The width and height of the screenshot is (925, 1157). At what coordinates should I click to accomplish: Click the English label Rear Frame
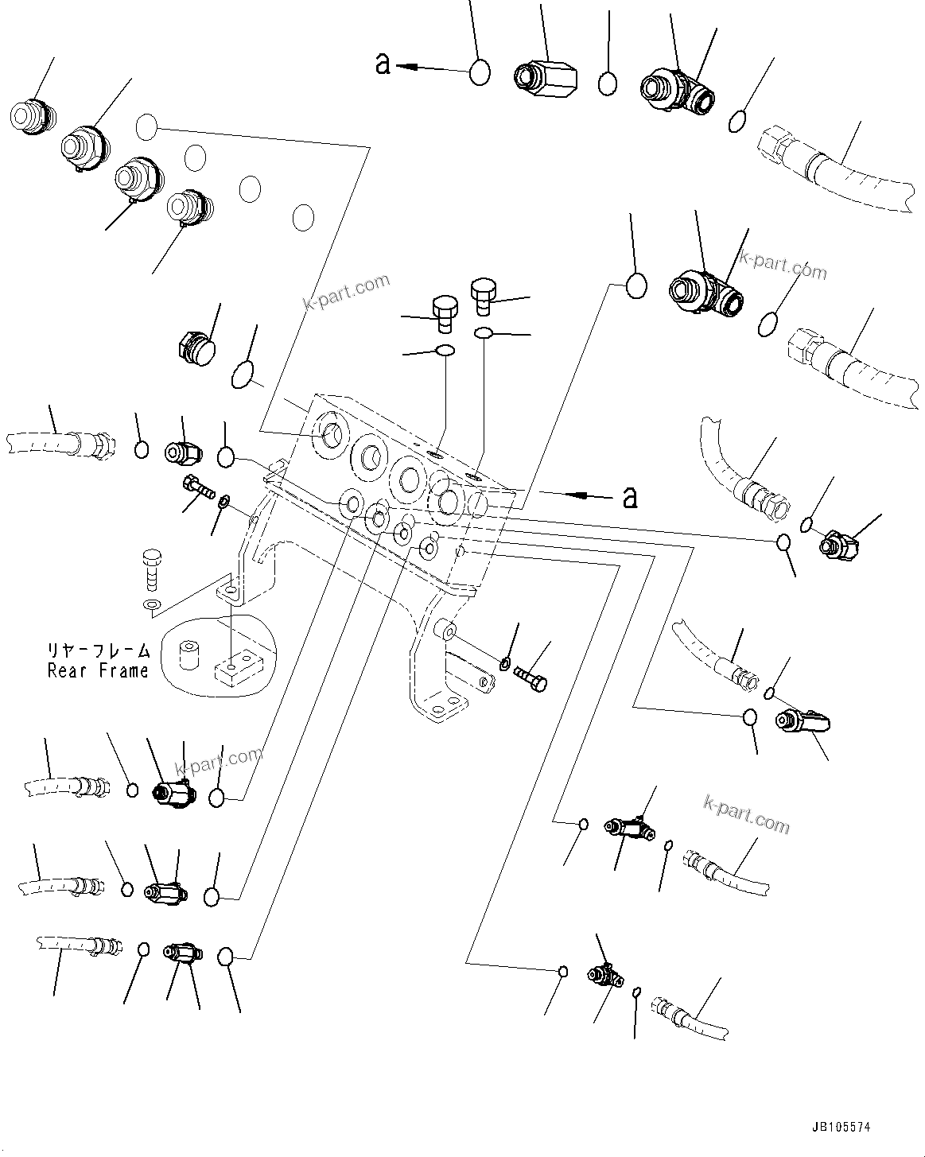pyautogui.click(x=98, y=670)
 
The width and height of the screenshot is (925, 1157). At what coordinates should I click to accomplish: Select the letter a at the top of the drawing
pyautogui.click(x=383, y=64)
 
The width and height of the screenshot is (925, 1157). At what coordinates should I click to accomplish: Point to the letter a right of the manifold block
pyautogui.click(x=629, y=497)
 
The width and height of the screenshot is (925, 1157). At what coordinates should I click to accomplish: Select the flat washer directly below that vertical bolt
pyautogui.click(x=151, y=607)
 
